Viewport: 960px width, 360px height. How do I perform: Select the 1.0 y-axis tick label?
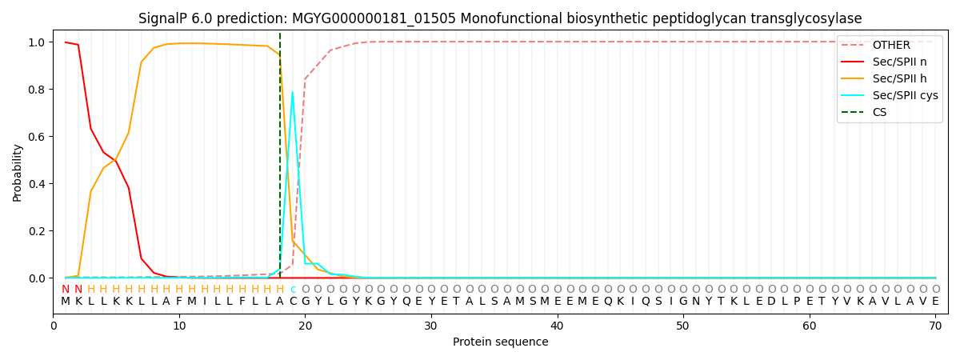pyautogui.click(x=37, y=42)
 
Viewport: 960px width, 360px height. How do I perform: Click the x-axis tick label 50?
pyautogui.click(x=682, y=326)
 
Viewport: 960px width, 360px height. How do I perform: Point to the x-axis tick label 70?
pyautogui.click(x=935, y=326)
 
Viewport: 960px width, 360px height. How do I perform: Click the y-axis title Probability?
pyautogui.click(x=17, y=173)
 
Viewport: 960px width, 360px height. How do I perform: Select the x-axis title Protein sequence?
pyautogui.click(x=501, y=342)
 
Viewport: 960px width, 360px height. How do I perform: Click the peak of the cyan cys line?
pyautogui.click(x=292, y=92)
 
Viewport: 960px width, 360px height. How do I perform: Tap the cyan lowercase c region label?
pyautogui.click(x=293, y=290)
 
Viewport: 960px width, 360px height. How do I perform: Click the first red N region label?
pyautogui.click(x=66, y=290)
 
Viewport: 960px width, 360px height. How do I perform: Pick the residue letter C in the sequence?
pyautogui.click(x=293, y=301)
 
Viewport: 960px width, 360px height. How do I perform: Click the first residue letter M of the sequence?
pyautogui.click(x=66, y=301)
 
